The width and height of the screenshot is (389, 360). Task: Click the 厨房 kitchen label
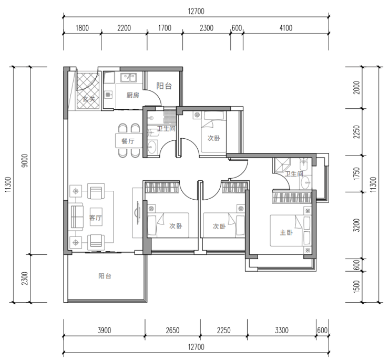[132, 95]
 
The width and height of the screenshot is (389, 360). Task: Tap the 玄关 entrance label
[89, 99]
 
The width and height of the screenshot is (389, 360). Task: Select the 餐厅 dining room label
[128, 141]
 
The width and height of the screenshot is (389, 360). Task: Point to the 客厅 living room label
[96, 218]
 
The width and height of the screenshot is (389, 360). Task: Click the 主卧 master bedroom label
[286, 232]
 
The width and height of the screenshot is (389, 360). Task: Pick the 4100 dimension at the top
[286, 28]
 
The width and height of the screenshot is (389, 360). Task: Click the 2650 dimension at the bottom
[172, 330]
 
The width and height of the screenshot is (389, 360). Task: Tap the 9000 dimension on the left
[25, 160]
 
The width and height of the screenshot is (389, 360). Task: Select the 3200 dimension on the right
[356, 225]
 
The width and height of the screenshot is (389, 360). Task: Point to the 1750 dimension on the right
[356, 173]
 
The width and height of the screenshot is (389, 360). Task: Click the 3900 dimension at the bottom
[104, 330]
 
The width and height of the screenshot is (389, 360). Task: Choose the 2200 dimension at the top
[124, 28]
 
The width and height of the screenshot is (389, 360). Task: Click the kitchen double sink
[128, 77]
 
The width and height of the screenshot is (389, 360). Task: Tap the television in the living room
[137, 213]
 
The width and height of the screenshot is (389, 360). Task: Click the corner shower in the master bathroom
[282, 165]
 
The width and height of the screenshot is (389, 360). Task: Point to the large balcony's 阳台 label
[105, 276]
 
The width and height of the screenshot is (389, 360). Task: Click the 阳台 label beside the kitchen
[164, 86]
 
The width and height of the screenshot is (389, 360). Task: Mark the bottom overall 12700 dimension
[196, 347]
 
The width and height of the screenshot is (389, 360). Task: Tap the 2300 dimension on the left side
[25, 279]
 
